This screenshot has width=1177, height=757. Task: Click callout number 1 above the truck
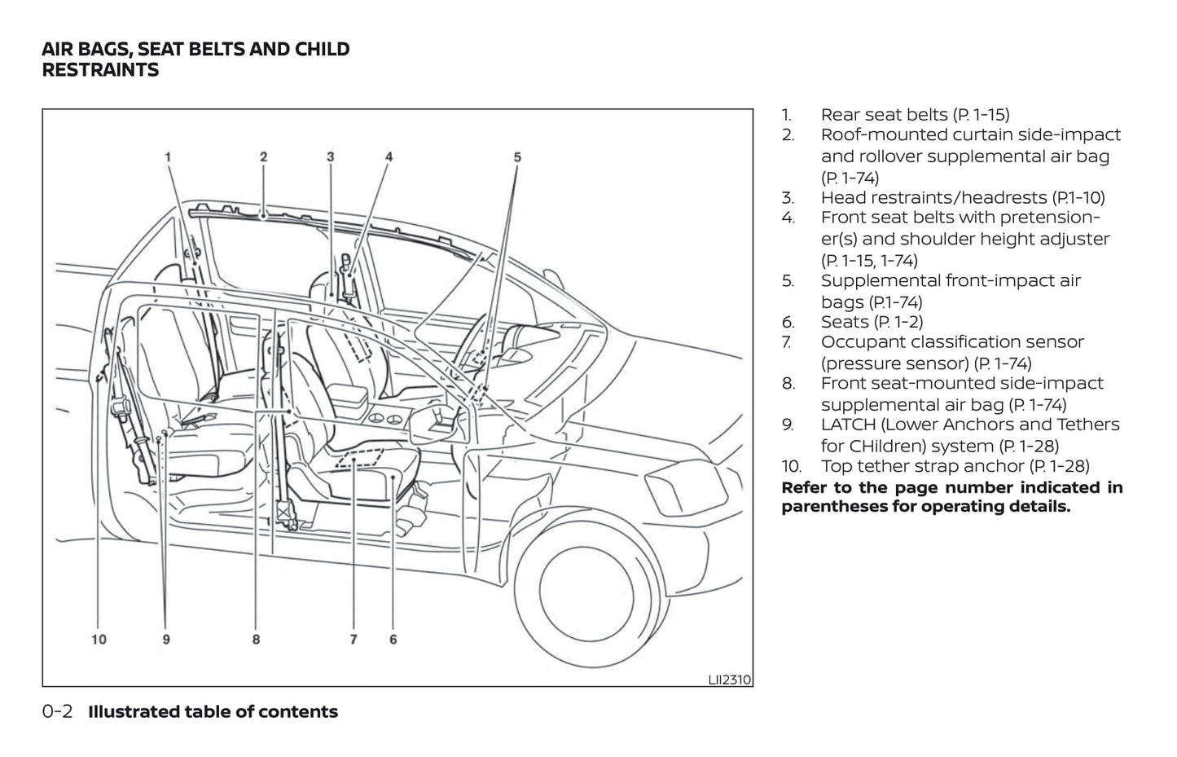(x=168, y=157)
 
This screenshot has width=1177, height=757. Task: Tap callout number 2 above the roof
(x=264, y=157)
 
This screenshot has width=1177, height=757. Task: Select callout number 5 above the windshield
(x=517, y=157)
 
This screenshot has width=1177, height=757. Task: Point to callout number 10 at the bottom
(x=99, y=640)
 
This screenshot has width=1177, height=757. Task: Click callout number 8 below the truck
(x=256, y=640)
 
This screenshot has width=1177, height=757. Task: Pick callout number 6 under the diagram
(x=393, y=640)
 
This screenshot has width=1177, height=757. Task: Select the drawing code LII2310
(x=729, y=679)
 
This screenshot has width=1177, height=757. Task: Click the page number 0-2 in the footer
(x=57, y=711)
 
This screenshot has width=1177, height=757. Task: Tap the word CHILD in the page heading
(x=323, y=49)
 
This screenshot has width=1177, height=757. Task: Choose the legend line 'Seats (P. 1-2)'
(x=872, y=322)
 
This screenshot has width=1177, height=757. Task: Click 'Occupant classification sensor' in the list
(x=952, y=342)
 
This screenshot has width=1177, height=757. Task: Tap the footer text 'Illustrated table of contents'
(x=213, y=711)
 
